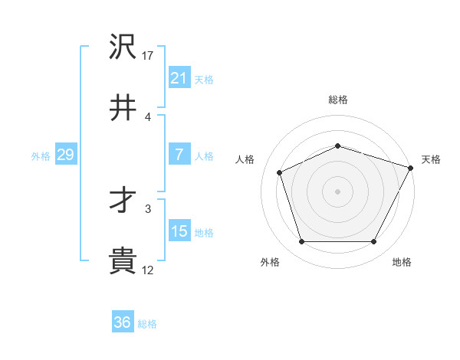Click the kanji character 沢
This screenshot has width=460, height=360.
pos(123,47)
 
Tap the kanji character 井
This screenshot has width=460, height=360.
pos(123,108)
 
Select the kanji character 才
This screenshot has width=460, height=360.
pos(123,201)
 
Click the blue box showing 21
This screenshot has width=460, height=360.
pos(179,77)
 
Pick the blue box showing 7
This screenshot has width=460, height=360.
pos(179,155)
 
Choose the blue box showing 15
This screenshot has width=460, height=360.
pos(179,232)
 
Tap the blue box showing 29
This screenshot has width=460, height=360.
pos(65,155)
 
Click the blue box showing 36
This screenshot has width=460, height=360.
pos(122,322)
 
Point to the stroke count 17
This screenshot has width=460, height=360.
pos(148,56)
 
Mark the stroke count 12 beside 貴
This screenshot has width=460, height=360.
pos(148,270)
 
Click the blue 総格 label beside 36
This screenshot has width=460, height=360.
pos(147,324)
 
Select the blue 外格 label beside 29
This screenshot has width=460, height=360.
pos(41,156)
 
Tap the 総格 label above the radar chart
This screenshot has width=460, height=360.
pos(337,100)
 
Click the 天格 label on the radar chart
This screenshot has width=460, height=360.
pos(431,159)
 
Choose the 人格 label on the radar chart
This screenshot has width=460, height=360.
pos(245,159)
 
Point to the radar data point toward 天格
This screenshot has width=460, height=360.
pos(411,167)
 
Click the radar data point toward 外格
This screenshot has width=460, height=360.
pos(301,242)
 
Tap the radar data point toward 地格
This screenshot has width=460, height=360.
pos(373,242)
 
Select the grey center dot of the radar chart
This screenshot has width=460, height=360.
pos(337,191)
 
